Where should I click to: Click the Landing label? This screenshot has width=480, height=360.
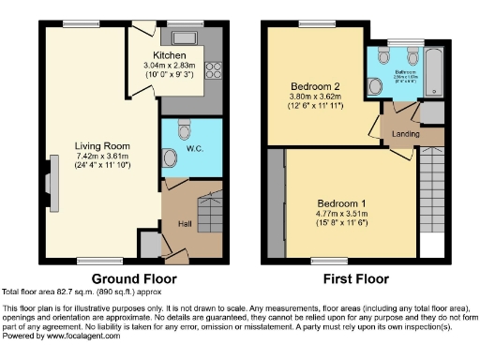pyautogui.click(x=406, y=134)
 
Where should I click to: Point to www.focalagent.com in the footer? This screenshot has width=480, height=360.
pyautogui.click(x=79, y=336)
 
